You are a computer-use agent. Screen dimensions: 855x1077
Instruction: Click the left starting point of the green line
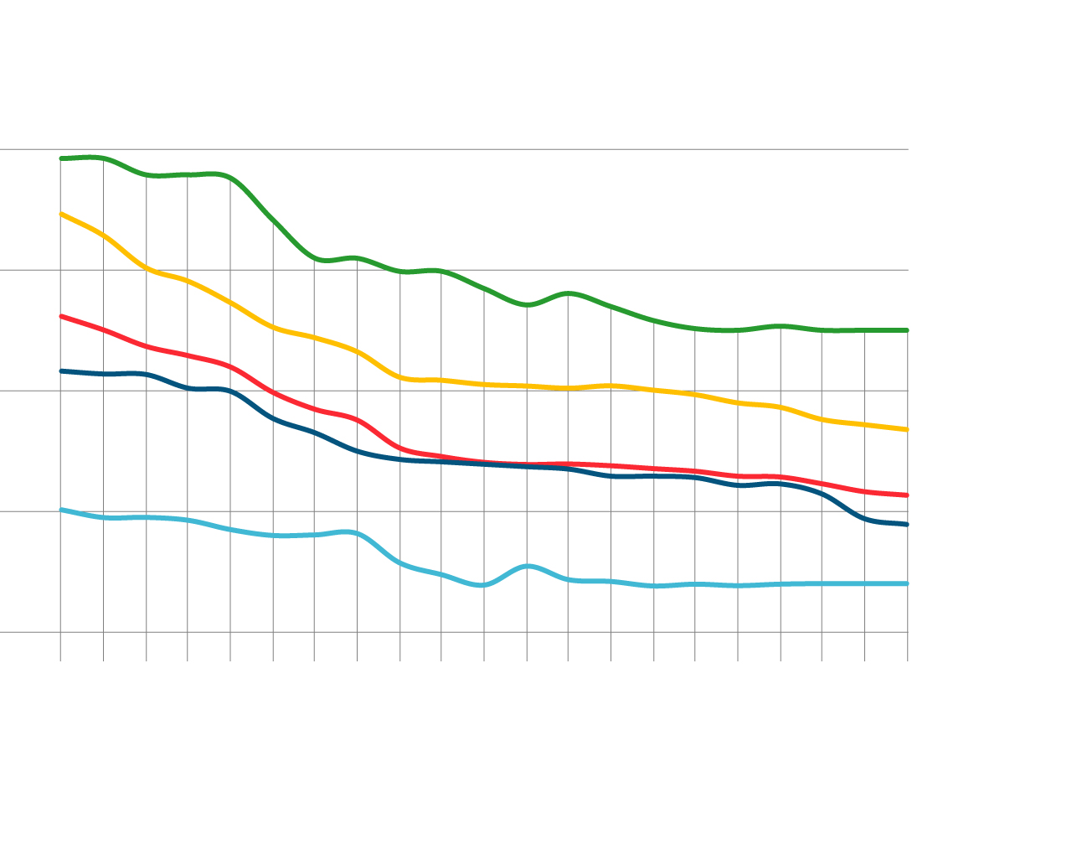click(61, 158)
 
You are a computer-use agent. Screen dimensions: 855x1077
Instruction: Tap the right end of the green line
click(907, 330)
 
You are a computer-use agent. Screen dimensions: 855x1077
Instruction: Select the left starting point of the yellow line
click(61, 214)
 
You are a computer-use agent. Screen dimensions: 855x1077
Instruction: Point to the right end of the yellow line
click(907, 429)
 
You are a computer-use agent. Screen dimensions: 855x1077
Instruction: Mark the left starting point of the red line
click(61, 316)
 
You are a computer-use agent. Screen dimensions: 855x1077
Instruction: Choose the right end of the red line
click(907, 495)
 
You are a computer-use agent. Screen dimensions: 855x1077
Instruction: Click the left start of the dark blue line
click(61, 370)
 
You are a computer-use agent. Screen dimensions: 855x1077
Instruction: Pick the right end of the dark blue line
click(907, 525)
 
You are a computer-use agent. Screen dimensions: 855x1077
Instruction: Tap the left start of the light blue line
click(61, 509)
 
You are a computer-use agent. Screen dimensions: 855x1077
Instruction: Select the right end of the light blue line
click(907, 583)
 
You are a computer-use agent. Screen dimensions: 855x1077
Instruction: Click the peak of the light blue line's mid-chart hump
click(528, 566)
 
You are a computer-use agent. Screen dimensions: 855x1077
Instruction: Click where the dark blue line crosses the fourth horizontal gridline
click(850, 511)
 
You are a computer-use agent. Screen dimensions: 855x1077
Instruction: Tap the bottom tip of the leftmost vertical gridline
click(60, 661)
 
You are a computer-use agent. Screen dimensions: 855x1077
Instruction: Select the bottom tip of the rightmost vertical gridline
click(908, 661)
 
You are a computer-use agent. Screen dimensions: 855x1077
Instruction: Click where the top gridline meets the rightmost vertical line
click(908, 149)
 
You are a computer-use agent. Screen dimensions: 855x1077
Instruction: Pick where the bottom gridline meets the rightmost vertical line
click(908, 632)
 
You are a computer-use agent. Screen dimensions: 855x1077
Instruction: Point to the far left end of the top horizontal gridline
click(1, 149)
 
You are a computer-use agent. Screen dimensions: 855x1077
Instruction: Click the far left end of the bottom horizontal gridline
click(1, 632)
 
